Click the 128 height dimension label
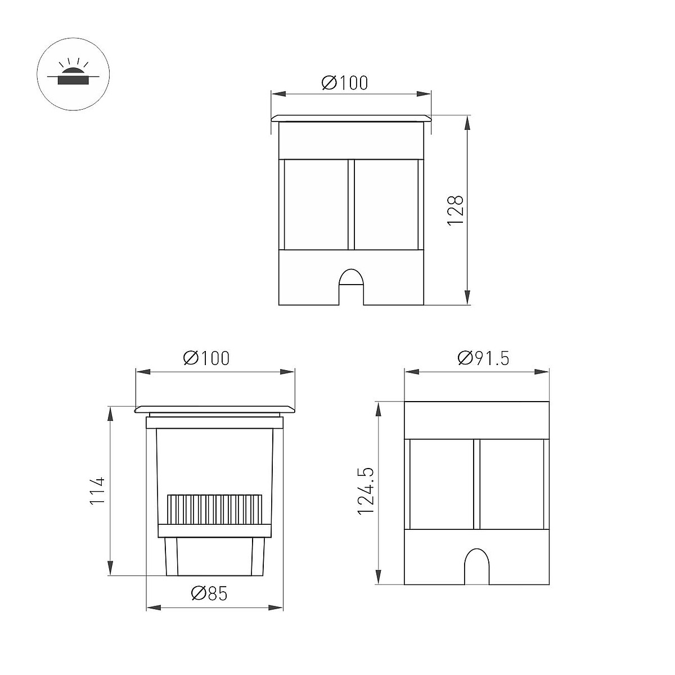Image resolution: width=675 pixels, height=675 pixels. tap(456, 210)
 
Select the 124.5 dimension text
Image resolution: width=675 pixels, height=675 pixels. tap(366, 496)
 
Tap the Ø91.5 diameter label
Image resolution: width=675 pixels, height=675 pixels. tap(483, 358)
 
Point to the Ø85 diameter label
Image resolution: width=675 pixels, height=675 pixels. tap(209, 593)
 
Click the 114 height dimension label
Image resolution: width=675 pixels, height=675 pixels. tap(97, 490)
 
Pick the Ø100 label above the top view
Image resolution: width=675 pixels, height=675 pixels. tap(345, 83)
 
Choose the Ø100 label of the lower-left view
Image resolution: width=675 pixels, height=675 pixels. tap(206, 358)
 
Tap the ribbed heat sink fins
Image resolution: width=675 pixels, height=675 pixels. tap(215, 509)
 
